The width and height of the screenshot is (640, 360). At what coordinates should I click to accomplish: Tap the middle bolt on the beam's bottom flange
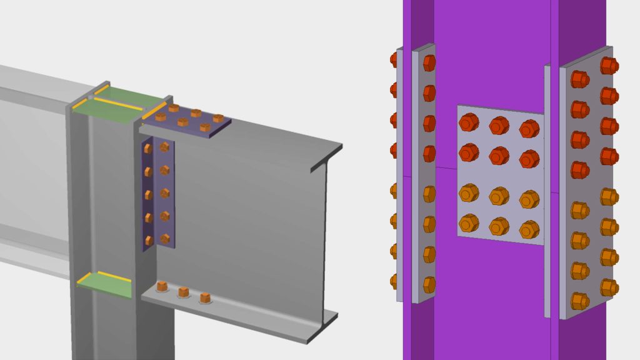(184, 292)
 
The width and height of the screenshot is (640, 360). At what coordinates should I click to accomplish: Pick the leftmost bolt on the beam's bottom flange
(162, 287)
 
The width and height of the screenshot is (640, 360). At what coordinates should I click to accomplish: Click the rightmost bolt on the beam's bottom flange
(204, 297)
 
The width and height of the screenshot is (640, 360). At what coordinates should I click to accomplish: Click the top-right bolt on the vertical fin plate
(164, 147)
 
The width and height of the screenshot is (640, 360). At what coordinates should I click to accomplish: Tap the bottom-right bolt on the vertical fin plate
(165, 239)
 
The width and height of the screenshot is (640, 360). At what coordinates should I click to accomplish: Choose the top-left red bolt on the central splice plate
(469, 122)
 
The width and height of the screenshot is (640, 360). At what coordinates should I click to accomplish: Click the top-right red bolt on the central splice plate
(529, 129)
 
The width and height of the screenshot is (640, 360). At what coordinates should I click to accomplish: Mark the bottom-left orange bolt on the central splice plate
(469, 222)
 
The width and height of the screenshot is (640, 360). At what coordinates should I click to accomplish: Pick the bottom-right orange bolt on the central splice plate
(529, 229)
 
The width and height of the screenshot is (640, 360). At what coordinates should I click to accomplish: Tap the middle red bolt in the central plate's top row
(499, 126)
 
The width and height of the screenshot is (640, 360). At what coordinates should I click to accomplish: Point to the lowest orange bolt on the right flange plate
(579, 301)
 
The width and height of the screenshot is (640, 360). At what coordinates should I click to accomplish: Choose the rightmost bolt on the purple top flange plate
(218, 118)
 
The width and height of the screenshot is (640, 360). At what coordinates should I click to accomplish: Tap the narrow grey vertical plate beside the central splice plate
(547, 187)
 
